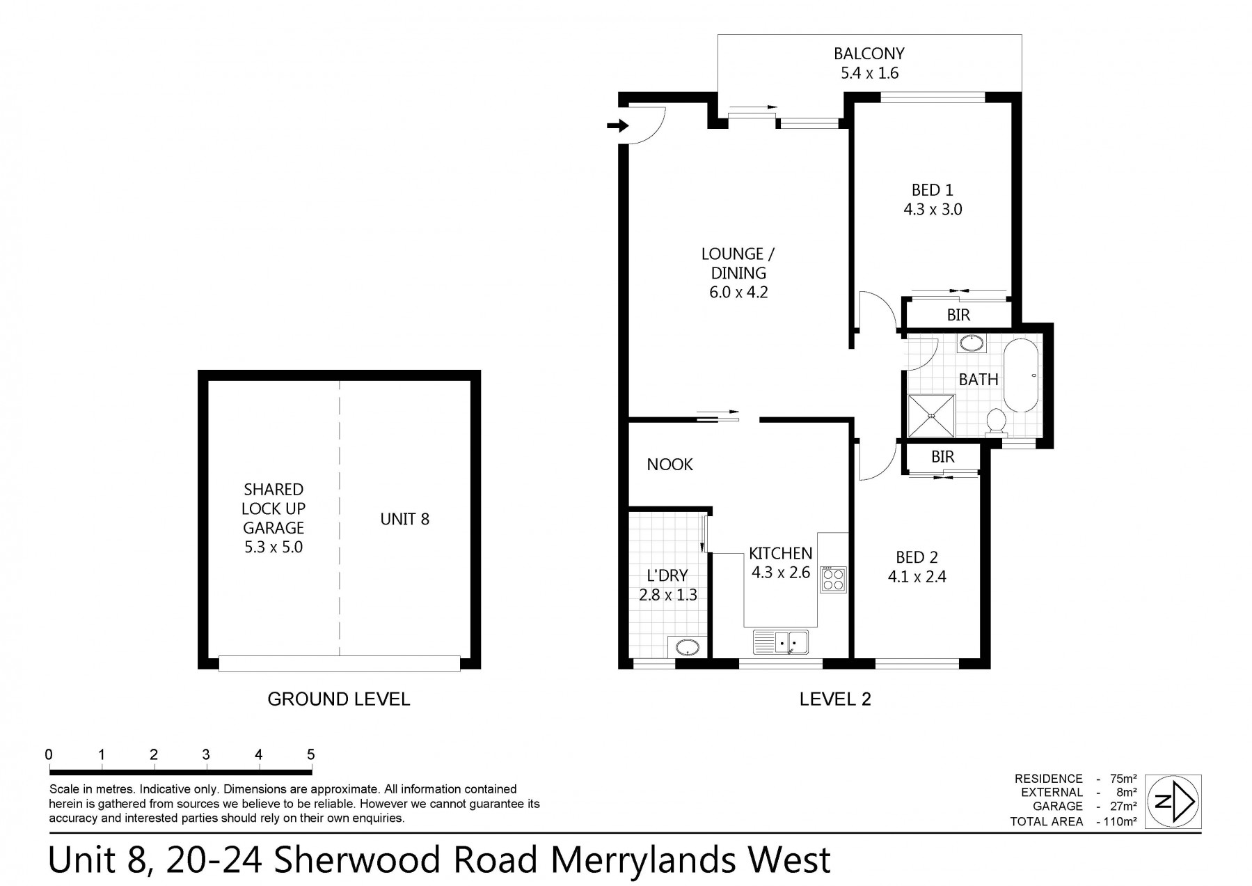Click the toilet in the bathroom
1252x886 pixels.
click(x=997, y=421)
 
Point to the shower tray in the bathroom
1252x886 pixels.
click(x=931, y=416)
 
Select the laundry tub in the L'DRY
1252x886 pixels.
click(x=688, y=647)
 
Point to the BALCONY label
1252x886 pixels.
click(x=869, y=54)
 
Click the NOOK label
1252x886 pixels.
click(x=669, y=465)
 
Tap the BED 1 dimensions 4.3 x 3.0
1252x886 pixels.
click(x=933, y=209)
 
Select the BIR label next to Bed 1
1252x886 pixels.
click(x=958, y=315)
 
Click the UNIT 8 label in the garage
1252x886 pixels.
click(x=405, y=519)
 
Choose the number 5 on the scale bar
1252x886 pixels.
click(x=311, y=754)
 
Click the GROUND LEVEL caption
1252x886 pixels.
click(x=339, y=699)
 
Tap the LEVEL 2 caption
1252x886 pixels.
click(x=835, y=699)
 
